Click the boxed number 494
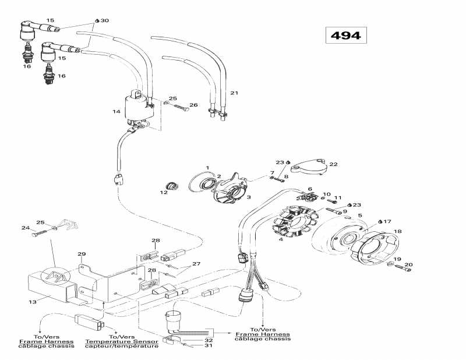[x=345, y=35]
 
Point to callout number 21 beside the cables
[x=234, y=93]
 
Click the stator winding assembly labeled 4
[x=295, y=221]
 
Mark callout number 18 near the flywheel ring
[x=398, y=231]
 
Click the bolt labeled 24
[x=38, y=235]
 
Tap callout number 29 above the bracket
[x=82, y=255]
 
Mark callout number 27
[x=196, y=263]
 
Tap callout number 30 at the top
[x=104, y=21]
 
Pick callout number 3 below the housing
[x=233, y=197]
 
